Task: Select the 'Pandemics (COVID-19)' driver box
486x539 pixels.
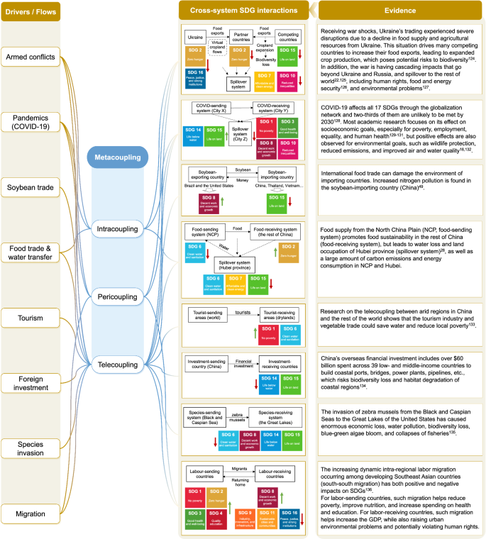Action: coord(30,122)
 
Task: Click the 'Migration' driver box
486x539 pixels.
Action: coord(30,513)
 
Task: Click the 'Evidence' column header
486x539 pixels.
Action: coord(401,11)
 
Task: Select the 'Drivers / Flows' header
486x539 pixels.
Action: coord(30,11)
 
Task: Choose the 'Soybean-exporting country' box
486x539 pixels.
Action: coord(206,173)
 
